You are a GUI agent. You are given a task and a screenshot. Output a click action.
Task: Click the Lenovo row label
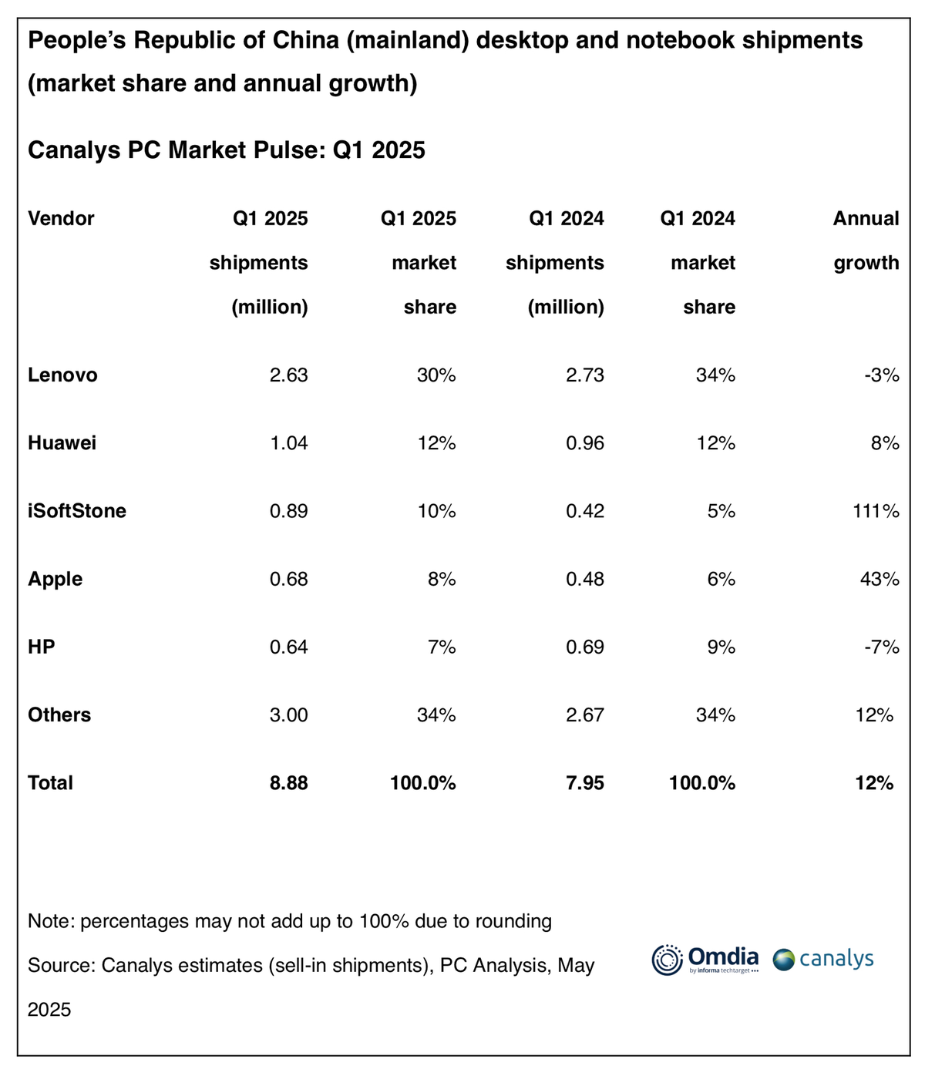(x=62, y=375)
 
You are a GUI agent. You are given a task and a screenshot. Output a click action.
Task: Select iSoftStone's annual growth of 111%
(x=876, y=511)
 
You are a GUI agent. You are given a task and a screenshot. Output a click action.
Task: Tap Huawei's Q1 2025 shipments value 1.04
(x=288, y=443)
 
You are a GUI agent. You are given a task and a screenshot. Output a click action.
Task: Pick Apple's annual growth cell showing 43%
(x=880, y=579)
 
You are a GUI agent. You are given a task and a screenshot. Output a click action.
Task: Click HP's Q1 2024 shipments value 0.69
(x=585, y=647)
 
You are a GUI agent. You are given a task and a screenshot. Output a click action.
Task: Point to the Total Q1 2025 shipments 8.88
(x=288, y=783)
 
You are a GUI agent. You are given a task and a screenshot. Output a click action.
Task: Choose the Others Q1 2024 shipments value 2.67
(x=585, y=715)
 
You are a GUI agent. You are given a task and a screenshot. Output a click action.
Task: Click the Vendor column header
(x=61, y=219)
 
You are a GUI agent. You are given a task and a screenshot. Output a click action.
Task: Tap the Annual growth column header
(x=866, y=240)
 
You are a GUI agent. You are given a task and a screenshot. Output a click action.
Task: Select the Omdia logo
(x=705, y=960)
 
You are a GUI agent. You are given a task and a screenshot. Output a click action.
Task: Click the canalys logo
(x=823, y=960)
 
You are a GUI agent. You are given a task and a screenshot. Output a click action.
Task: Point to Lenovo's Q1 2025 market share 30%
(x=436, y=375)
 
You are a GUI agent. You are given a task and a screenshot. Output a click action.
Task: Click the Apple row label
(x=55, y=579)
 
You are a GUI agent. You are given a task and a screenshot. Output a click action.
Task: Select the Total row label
(x=50, y=783)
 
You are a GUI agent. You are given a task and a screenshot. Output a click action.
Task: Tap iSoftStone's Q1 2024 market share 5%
(x=721, y=511)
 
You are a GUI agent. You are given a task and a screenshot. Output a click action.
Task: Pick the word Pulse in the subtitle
(x=291, y=150)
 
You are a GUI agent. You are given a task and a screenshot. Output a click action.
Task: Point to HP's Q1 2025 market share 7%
(x=442, y=647)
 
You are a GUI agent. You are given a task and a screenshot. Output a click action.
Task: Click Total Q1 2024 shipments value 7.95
(x=585, y=783)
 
